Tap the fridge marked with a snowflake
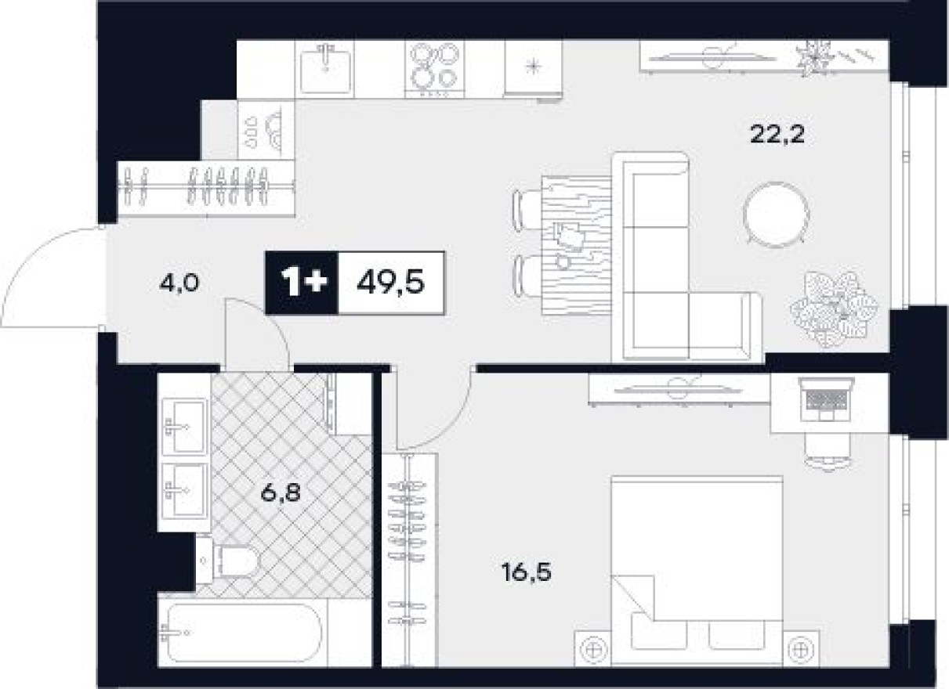(534, 68)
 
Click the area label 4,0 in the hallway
(178, 281)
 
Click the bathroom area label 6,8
(279, 494)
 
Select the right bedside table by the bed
(800, 649)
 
